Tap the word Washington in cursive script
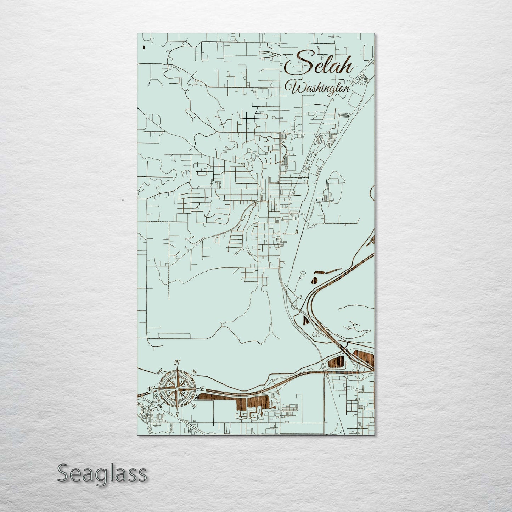click(x=320, y=88)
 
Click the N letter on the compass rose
click(x=178, y=362)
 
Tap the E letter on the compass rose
click(x=202, y=389)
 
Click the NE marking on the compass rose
click(x=194, y=371)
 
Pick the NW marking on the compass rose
click(x=160, y=371)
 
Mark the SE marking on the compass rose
click(x=194, y=406)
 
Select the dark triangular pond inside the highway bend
click(x=306, y=320)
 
